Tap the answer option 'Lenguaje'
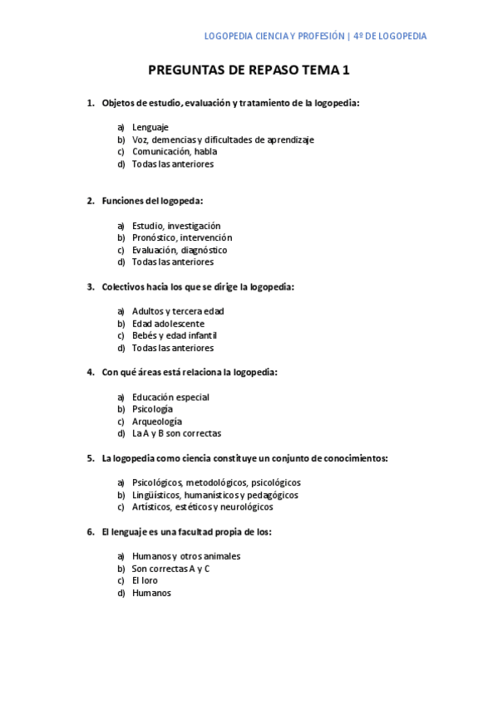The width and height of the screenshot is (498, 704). pyautogui.click(x=150, y=128)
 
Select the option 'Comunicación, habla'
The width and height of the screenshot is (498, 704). pyautogui.click(x=175, y=152)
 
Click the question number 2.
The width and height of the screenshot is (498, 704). pyautogui.click(x=91, y=201)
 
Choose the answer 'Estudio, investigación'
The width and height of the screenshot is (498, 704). pyautogui.click(x=176, y=226)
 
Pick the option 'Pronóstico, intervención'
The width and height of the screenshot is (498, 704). pyautogui.click(x=182, y=237)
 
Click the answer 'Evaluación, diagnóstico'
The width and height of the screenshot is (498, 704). pyautogui.click(x=180, y=250)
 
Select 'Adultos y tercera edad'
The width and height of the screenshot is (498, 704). pyautogui.click(x=178, y=311)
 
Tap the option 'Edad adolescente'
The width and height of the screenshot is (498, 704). pyautogui.click(x=168, y=324)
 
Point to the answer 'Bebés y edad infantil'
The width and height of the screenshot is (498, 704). pyautogui.click(x=175, y=335)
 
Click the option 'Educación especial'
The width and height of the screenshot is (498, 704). pyautogui.click(x=170, y=397)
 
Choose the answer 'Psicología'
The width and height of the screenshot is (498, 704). pyautogui.click(x=152, y=409)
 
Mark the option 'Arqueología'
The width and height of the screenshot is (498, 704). pyautogui.click(x=156, y=421)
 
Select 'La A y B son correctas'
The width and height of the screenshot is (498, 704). pyautogui.click(x=176, y=433)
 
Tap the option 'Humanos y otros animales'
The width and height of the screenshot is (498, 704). pyautogui.click(x=186, y=556)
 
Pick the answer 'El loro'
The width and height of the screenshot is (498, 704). pyautogui.click(x=145, y=580)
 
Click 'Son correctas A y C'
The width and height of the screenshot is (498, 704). pyautogui.click(x=170, y=569)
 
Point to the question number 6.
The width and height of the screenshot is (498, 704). pyautogui.click(x=91, y=531)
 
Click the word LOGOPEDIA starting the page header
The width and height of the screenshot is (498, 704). pyautogui.click(x=231, y=37)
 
